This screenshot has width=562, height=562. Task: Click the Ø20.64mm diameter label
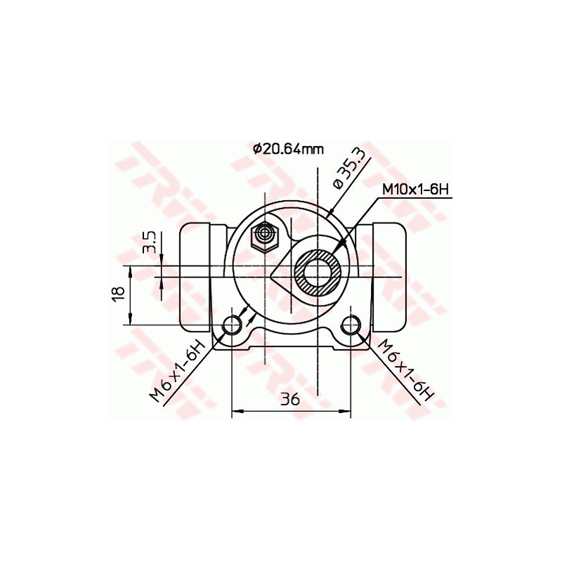pos(288,149)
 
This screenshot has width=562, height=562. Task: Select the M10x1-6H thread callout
pos(415,189)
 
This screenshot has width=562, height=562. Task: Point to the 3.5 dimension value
pos(149,242)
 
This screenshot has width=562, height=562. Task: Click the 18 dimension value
pos(119,293)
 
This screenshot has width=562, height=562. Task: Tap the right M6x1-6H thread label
pos(404,370)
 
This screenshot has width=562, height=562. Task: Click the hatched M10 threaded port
pos(318,272)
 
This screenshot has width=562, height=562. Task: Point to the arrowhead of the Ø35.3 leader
pos(330,211)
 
